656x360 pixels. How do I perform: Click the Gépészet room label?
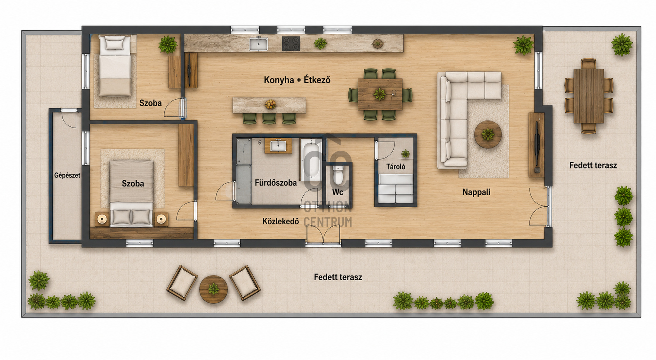click(x=67, y=176)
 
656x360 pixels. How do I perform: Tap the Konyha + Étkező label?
click(x=297, y=80)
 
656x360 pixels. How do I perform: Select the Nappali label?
click(x=476, y=192)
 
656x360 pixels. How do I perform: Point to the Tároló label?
click(x=396, y=167)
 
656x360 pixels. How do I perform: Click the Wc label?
click(x=337, y=192)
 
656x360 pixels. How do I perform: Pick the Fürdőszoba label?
click(x=275, y=183)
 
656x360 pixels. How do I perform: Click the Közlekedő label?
click(x=281, y=221)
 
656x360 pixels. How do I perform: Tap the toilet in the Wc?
click(x=338, y=175)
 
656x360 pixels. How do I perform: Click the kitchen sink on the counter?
click(x=258, y=44)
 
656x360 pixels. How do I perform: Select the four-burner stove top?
click(x=291, y=44)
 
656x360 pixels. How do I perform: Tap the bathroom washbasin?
click(x=278, y=146)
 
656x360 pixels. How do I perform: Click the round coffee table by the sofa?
click(x=488, y=134)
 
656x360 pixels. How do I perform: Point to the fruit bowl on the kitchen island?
click(x=270, y=104)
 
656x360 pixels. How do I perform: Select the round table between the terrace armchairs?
click(x=213, y=289)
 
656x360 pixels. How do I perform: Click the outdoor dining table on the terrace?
click(x=589, y=96)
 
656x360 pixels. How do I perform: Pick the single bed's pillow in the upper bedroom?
click(x=115, y=43)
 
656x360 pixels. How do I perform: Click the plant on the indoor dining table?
click(x=380, y=94)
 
